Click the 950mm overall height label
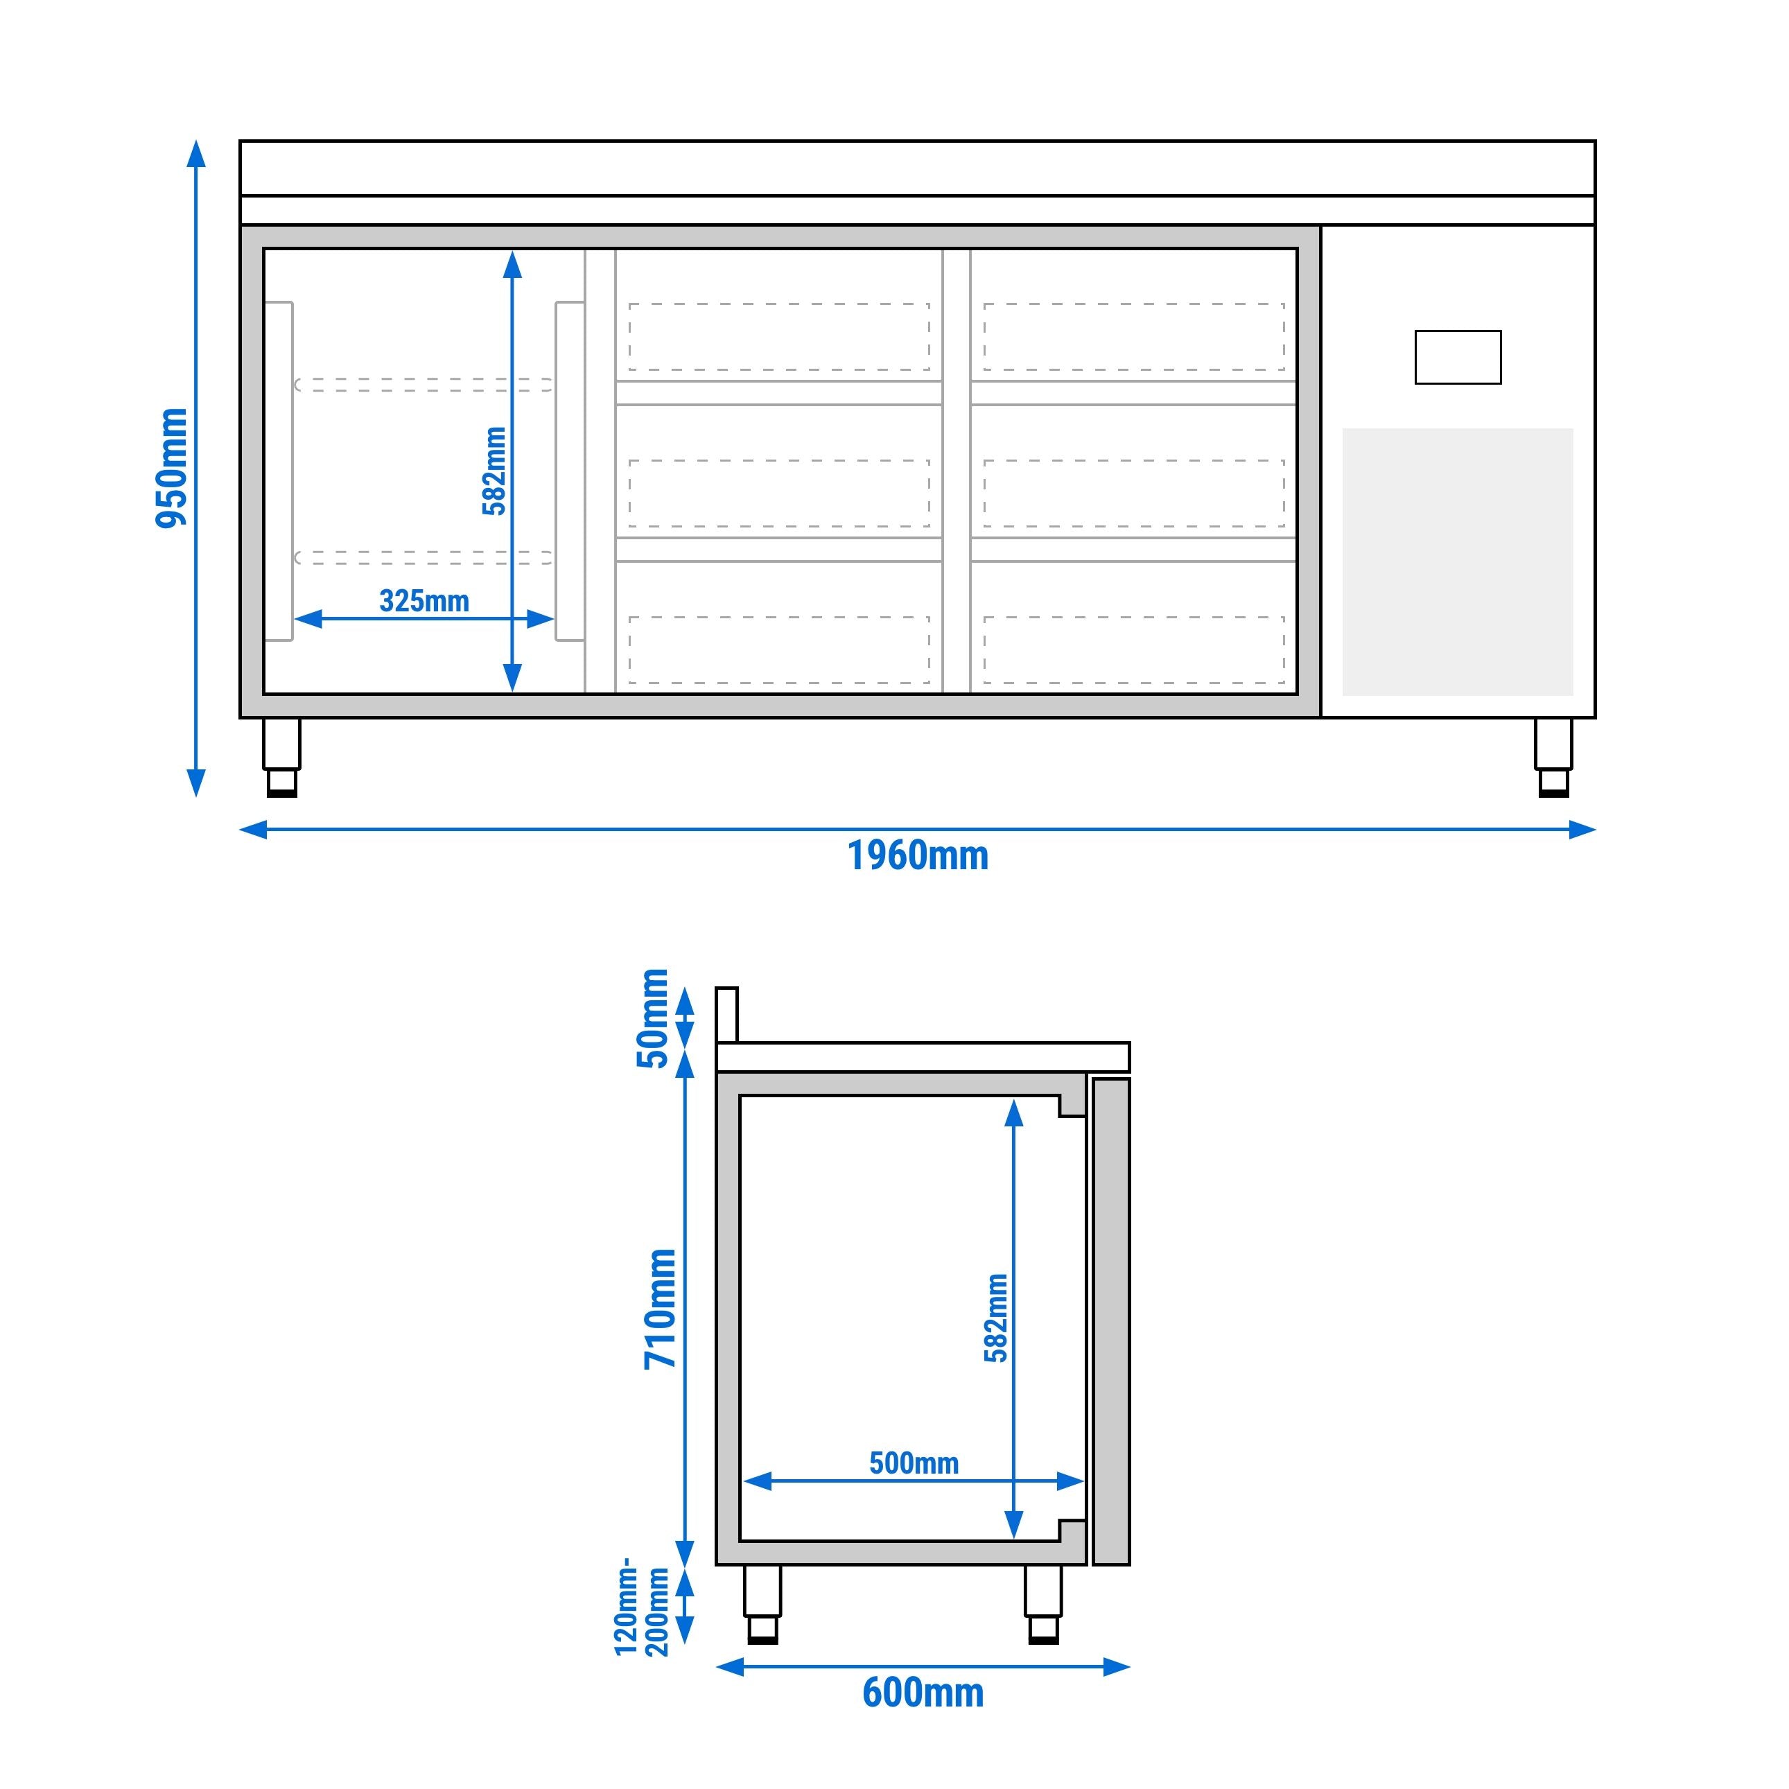172,468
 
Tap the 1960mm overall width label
918,855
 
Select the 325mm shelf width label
424,601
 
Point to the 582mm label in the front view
494,471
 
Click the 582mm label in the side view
996,1318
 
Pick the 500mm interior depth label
914,1463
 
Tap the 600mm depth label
923,1693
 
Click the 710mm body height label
661,1309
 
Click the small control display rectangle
1458,358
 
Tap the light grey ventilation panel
1458,561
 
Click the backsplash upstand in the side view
727,1015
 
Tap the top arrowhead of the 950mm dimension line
196,152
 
